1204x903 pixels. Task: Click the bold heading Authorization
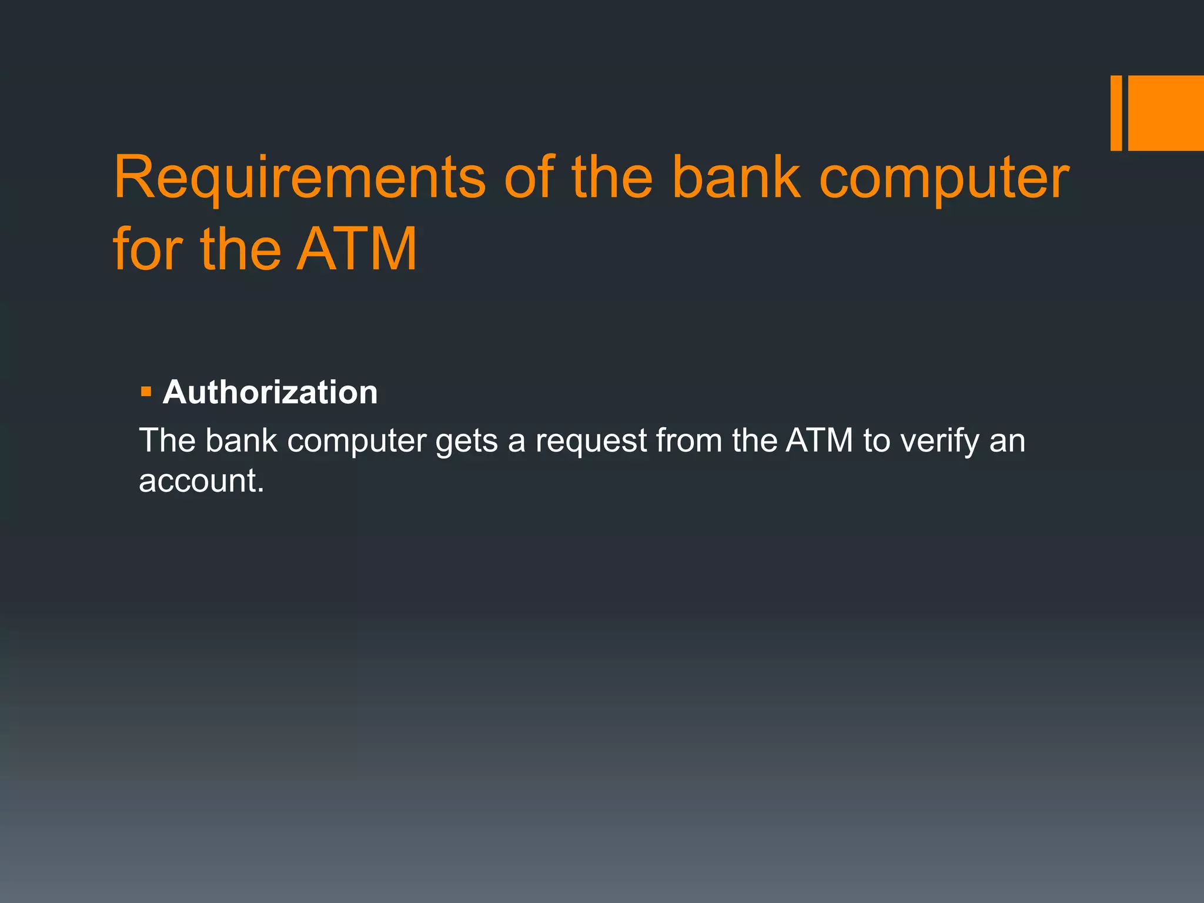pos(270,392)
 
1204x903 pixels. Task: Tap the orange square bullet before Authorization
pos(146,391)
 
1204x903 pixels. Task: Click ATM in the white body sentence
pos(819,440)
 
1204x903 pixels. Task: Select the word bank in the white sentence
pos(241,440)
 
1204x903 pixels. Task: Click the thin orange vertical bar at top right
pos(1116,113)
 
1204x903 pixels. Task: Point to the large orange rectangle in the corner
pos(1166,113)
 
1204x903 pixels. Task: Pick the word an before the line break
pos(1007,442)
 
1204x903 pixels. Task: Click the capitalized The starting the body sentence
pos(167,440)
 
